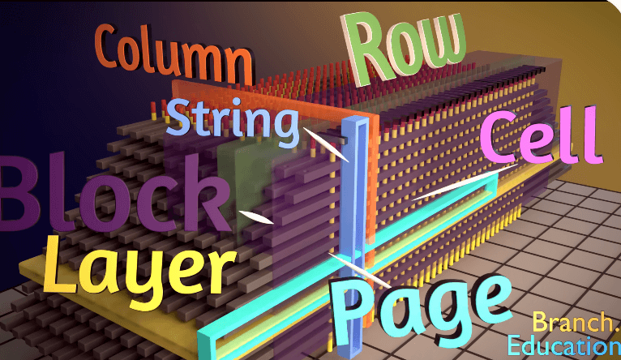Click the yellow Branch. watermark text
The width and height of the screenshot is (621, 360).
(x=574, y=323)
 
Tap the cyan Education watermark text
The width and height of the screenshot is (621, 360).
(x=563, y=346)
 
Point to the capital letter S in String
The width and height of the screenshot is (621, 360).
(x=178, y=120)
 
